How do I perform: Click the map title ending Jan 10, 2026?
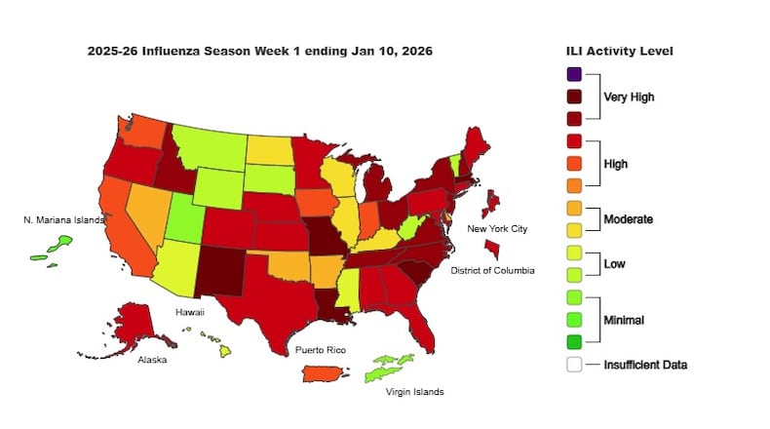(x=260, y=51)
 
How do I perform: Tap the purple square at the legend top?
(x=574, y=73)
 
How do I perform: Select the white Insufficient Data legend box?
(x=574, y=365)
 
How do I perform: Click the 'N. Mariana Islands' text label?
(x=63, y=219)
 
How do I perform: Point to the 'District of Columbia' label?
(x=492, y=270)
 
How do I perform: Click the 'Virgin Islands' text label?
(x=416, y=392)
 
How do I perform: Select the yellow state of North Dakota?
(x=265, y=150)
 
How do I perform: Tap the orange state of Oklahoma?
(x=288, y=264)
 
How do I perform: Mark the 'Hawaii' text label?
(x=189, y=312)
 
